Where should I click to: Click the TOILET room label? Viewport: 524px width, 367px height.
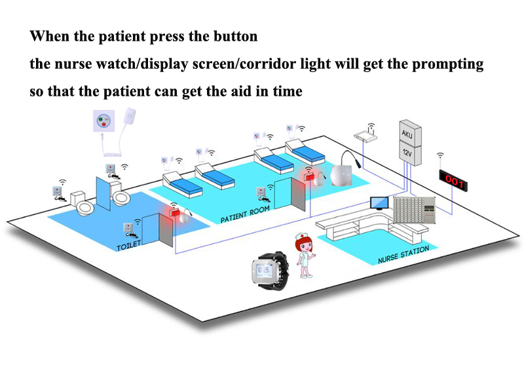coord(128,246)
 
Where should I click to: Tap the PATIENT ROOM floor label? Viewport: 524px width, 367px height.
coord(245,214)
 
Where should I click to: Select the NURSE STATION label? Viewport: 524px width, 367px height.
coord(403,255)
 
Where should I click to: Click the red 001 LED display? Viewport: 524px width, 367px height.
coord(453,180)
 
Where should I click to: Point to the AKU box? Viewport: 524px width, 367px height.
coord(410,133)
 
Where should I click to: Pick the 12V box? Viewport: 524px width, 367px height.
coord(410,153)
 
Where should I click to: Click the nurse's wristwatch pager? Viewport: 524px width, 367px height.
coord(269,270)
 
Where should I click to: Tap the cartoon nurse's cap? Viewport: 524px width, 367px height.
coord(301,236)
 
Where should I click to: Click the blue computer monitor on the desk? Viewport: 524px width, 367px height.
coord(379,203)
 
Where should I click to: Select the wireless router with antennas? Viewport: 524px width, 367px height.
coord(366,134)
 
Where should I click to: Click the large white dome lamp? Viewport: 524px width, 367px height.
coord(341,175)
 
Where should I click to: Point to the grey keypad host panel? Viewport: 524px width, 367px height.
coord(415,210)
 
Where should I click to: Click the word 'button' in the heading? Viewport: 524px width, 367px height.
coord(236,36)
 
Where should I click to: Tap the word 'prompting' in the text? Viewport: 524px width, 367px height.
coord(448,64)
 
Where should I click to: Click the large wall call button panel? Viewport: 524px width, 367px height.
coord(103,121)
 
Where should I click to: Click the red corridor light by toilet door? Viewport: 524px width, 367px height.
coord(174,212)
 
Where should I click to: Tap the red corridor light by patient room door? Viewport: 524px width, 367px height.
coord(309,176)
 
